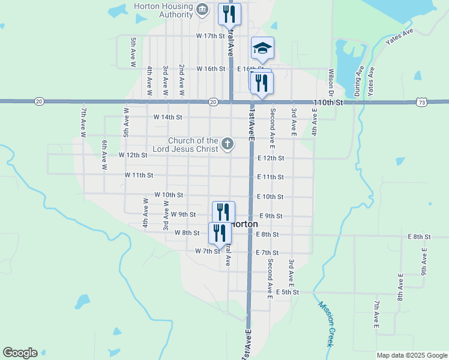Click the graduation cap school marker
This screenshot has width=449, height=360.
pos(262,48)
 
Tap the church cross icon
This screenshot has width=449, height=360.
pos(227,143)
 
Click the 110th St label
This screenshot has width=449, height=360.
pos(328,103)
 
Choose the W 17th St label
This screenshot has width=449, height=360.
pos(210,36)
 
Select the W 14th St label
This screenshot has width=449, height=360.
pos(167,117)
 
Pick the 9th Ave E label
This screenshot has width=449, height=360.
pos(424,262)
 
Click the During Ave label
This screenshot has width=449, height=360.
pos(358,81)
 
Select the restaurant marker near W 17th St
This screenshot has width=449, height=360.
pos(229,13)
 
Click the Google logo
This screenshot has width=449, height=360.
pos(20,353)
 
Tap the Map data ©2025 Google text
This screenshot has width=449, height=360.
pos(412,355)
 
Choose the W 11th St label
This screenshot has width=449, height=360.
pos(139,175)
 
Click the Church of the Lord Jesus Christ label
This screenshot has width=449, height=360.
pos(193,145)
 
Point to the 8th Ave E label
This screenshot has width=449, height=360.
pos(400,288)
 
